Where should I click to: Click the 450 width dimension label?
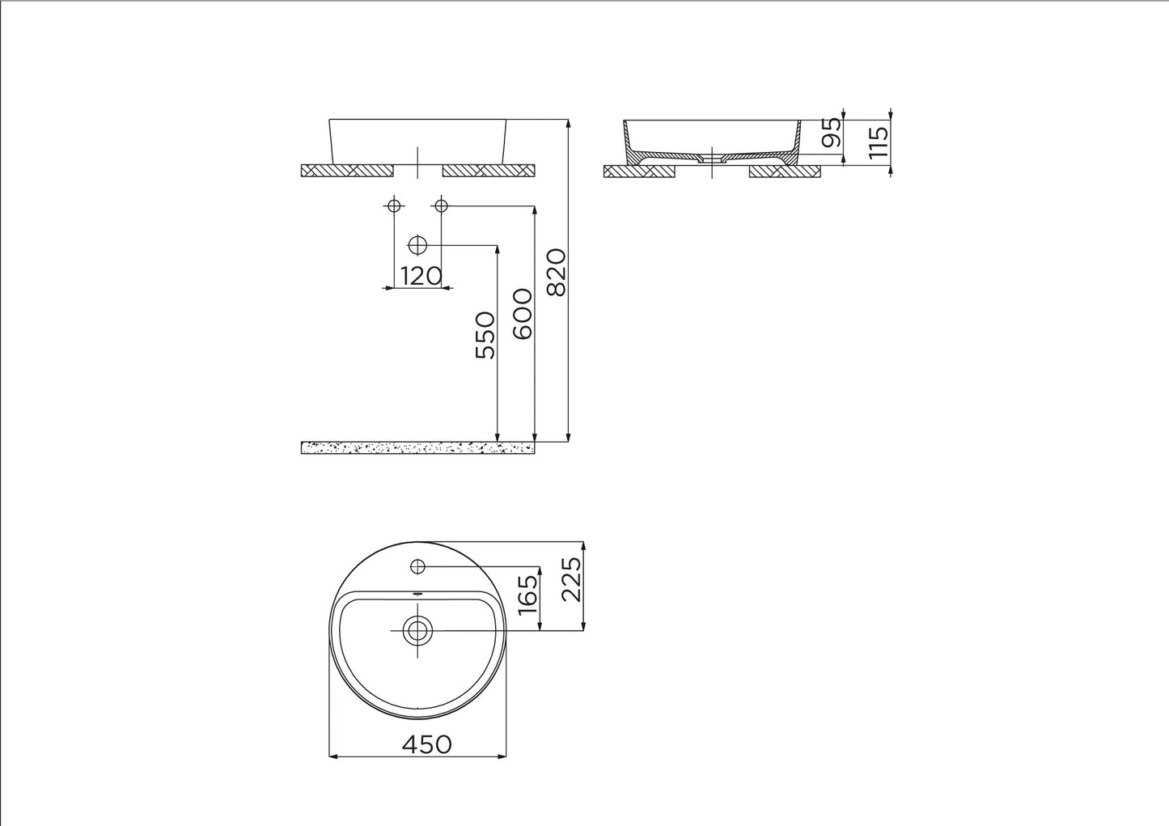426,744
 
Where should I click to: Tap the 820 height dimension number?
557,273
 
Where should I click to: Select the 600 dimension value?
523,314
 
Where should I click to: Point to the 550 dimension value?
485,335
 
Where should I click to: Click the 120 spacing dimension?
421,276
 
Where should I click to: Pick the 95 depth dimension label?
832,133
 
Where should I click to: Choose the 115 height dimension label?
878,142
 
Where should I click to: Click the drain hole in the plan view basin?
417,630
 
